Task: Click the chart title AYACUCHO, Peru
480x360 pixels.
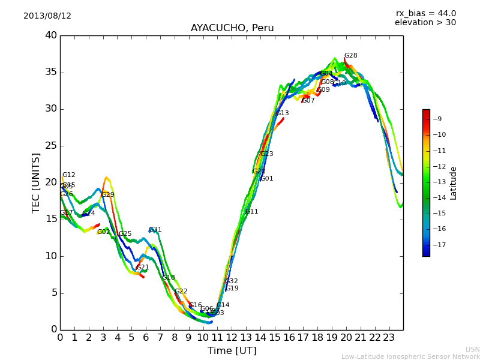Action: tap(232, 28)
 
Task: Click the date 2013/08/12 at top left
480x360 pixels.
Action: tap(47, 16)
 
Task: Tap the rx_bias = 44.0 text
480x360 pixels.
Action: tap(425, 14)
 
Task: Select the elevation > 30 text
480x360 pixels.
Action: tap(425, 23)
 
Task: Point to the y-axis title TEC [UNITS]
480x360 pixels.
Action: tap(37, 182)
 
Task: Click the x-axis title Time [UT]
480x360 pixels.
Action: tap(232, 350)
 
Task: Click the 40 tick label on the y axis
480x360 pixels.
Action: tap(51, 35)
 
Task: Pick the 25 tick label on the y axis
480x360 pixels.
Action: tap(51, 146)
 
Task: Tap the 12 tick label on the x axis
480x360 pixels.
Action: tap(232, 337)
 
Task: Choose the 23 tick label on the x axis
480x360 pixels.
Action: tap(389, 337)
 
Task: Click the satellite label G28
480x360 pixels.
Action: tap(350, 56)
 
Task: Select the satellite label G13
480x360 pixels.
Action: tap(282, 113)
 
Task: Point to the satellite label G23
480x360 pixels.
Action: tap(266, 154)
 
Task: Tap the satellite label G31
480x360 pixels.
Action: tap(155, 230)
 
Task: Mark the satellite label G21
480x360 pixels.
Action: tap(142, 268)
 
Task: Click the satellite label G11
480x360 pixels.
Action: tap(251, 212)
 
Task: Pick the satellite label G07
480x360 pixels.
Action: tap(308, 101)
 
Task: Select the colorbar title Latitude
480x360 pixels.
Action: tap(454, 182)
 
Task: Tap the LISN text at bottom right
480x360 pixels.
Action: tap(472, 349)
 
